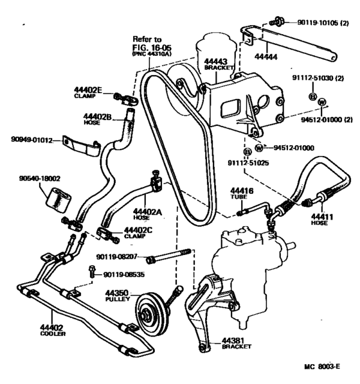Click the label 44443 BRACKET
pyautogui.click(x=217, y=64)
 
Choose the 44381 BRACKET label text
pyautogui.click(x=235, y=342)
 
